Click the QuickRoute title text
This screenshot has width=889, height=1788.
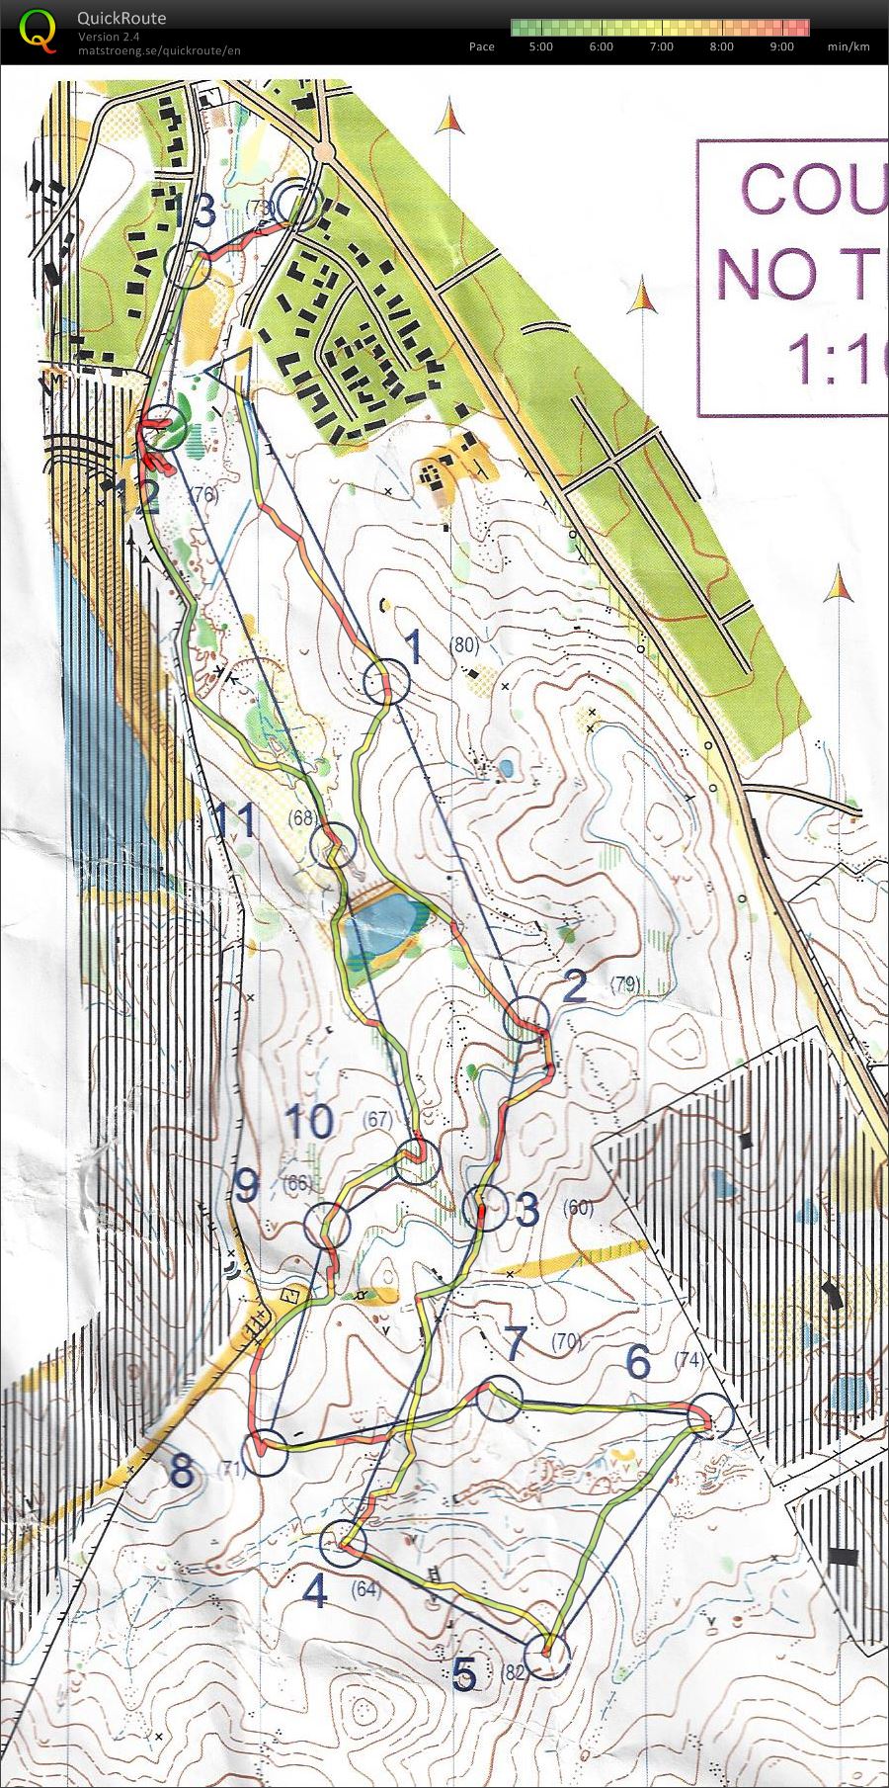coord(121,18)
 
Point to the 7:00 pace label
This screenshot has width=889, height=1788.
coord(661,46)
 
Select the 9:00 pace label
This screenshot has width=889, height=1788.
coord(781,46)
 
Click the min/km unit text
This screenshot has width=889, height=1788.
coord(849,46)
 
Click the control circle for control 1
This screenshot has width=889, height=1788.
coord(386,682)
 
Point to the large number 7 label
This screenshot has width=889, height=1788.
coord(516,1342)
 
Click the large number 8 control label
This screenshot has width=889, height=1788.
coord(182,1472)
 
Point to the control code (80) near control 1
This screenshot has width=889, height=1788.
coord(463,645)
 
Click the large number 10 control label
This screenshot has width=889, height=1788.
coord(310,1122)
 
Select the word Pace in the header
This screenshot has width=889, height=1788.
coord(482,46)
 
